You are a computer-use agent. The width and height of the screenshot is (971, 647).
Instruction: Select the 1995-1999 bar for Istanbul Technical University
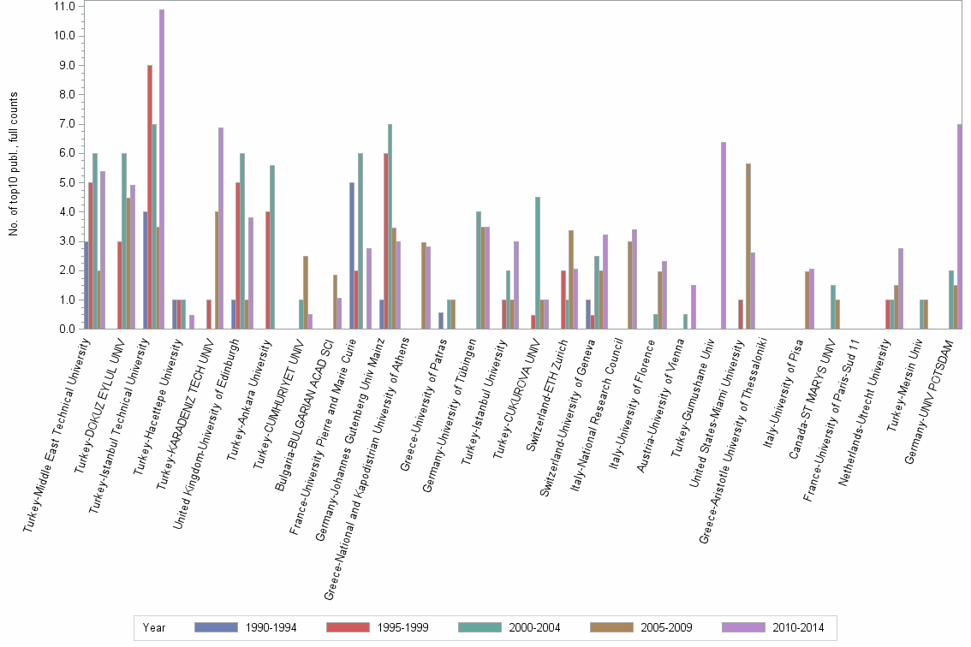point(150,197)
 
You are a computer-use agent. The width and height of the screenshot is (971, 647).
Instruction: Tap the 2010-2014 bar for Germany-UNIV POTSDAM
point(960,227)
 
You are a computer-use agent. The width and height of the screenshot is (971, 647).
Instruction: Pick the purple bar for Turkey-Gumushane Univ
point(724,235)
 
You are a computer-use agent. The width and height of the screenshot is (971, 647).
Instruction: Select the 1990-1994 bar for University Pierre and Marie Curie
point(352,256)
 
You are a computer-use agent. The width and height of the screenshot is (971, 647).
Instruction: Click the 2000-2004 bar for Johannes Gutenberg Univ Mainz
point(390,227)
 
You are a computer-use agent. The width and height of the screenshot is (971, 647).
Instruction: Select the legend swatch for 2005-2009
point(611,627)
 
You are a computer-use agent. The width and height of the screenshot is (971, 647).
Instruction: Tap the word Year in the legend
point(154,627)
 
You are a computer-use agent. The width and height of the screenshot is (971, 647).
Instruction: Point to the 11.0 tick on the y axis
point(63,6)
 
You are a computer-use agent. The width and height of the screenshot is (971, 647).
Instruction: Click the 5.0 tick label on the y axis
point(65,182)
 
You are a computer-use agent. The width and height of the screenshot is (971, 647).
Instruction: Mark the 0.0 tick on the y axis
point(65,329)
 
